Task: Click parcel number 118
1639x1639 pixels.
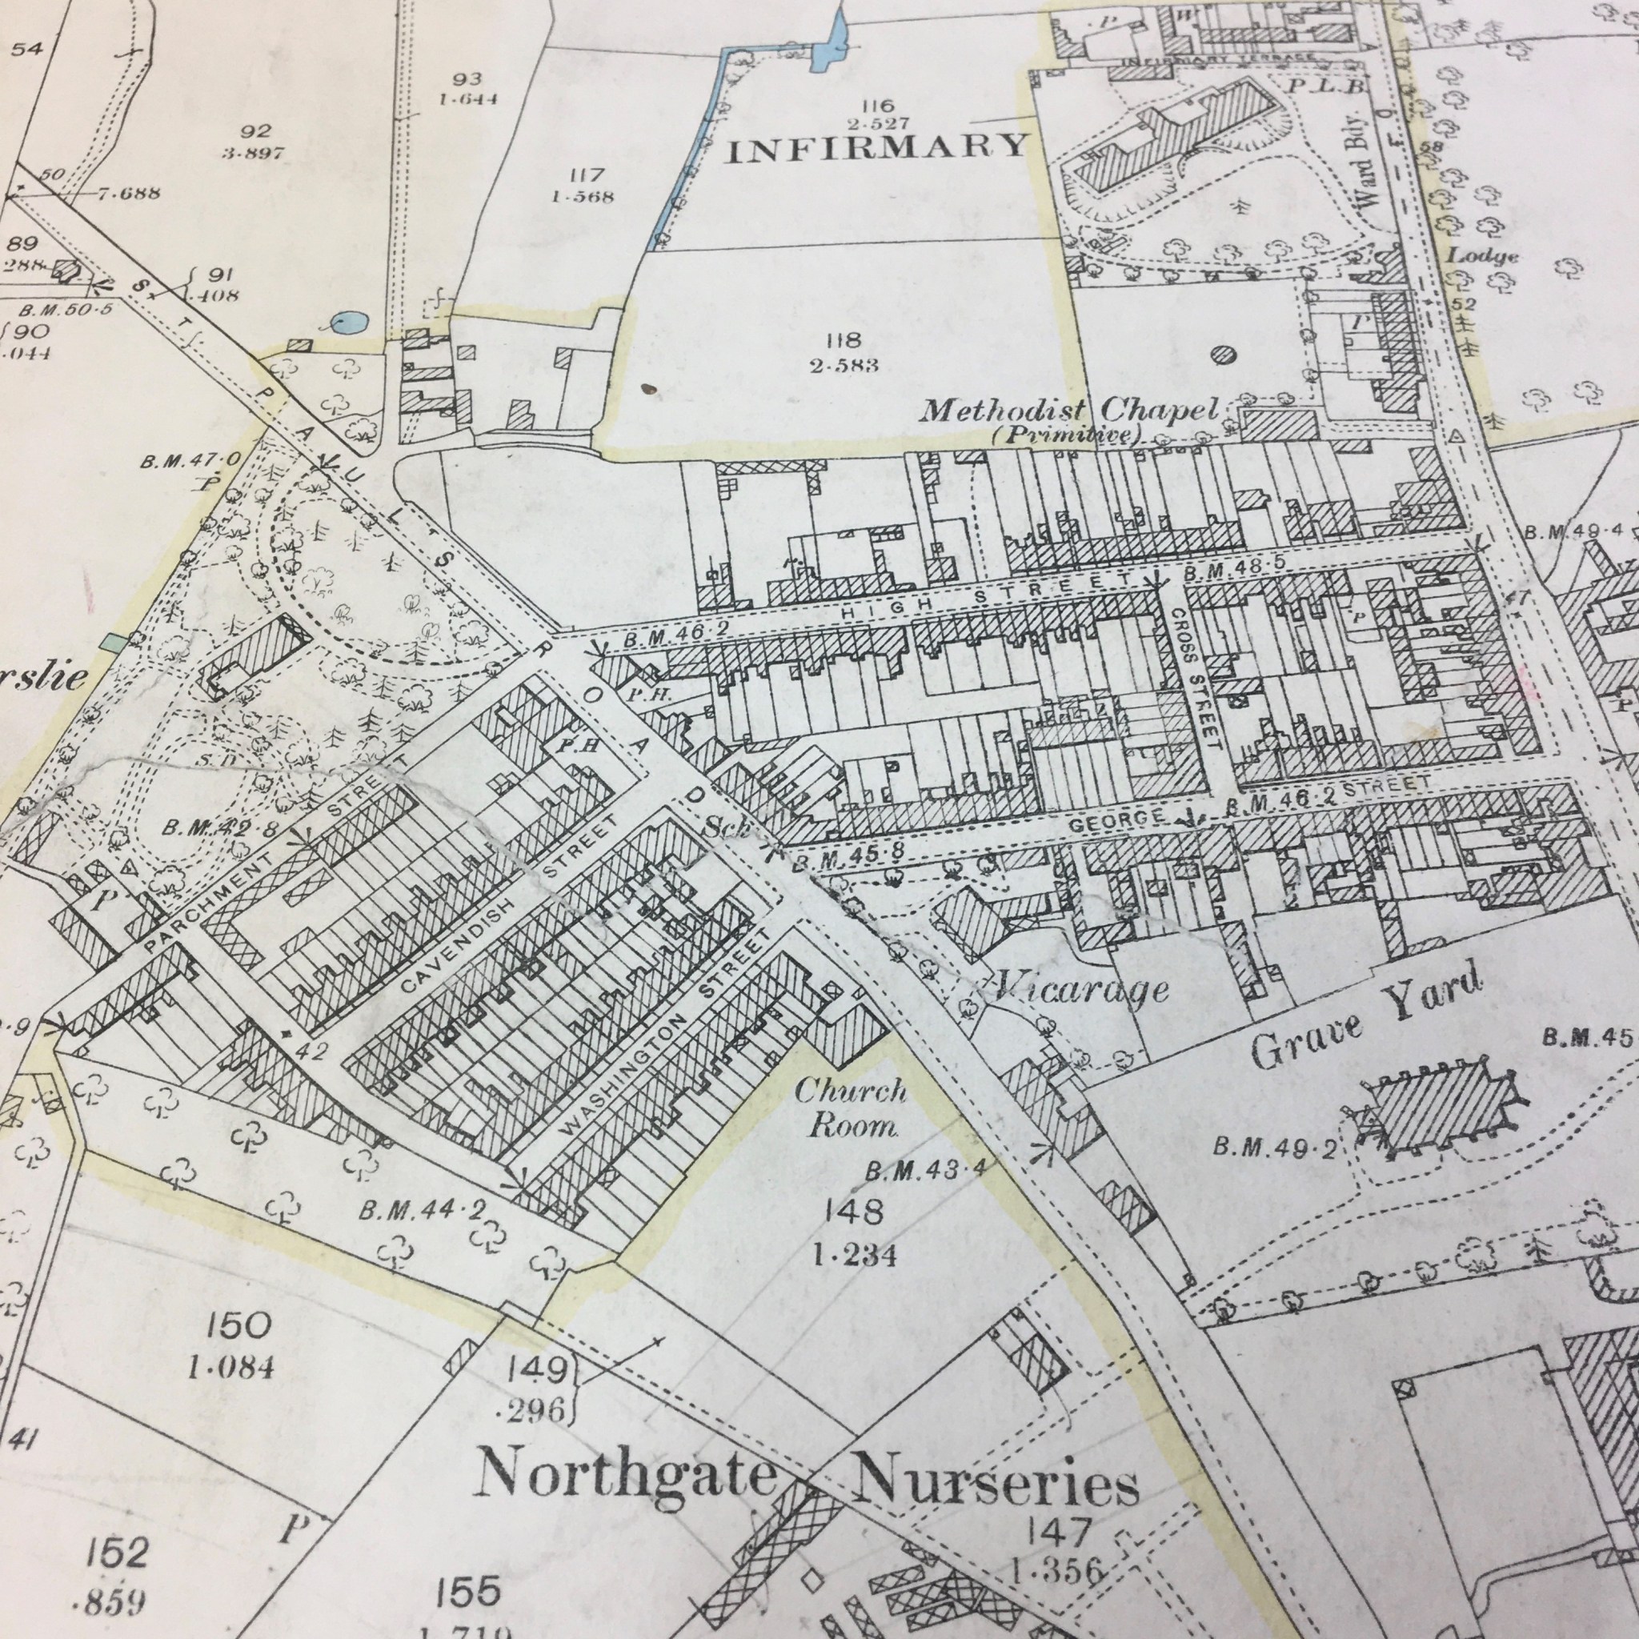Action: [842, 340]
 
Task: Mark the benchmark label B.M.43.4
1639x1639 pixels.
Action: [927, 1172]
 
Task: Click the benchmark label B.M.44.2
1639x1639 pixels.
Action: [420, 1211]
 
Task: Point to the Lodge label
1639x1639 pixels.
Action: [1482, 254]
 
